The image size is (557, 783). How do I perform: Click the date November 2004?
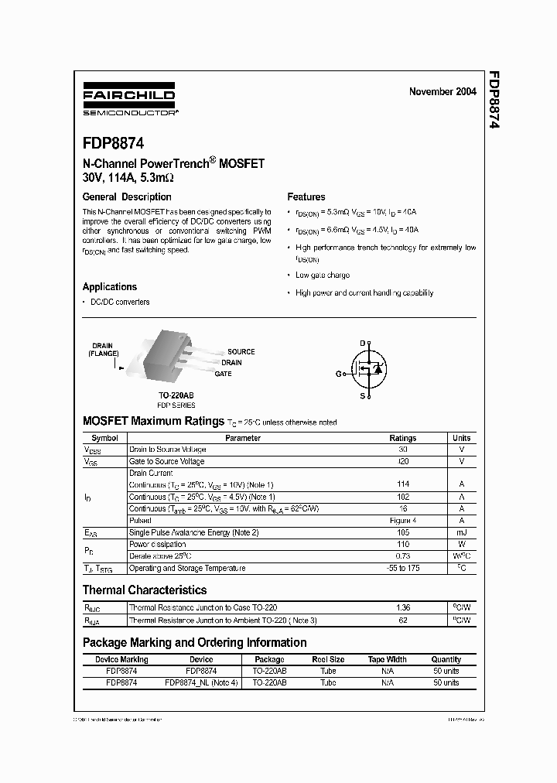(x=443, y=91)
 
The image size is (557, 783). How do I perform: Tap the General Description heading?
(x=127, y=197)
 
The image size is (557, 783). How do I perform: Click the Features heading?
(x=306, y=197)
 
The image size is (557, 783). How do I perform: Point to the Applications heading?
(x=110, y=286)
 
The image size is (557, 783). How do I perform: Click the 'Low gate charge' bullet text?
(x=322, y=275)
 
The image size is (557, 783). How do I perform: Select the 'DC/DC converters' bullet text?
(x=120, y=302)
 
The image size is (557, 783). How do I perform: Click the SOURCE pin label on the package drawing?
(x=241, y=352)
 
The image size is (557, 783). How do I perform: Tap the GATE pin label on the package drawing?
(x=224, y=374)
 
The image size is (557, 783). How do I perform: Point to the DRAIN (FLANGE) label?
(x=103, y=350)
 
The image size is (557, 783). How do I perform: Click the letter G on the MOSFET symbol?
(x=338, y=374)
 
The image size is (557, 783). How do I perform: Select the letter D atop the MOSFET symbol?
(x=361, y=343)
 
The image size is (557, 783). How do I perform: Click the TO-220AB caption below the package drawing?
(x=176, y=395)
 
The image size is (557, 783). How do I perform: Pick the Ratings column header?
(x=402, y=438)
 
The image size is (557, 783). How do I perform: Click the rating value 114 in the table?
(x=402, y=484)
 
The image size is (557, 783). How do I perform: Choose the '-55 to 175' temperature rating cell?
(x=402, y=568)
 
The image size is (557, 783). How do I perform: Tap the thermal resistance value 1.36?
(x=402, y=608)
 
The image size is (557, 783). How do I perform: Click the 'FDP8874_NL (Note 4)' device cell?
(x=201, y=683)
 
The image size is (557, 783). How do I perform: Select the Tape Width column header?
(x=387, y=660)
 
